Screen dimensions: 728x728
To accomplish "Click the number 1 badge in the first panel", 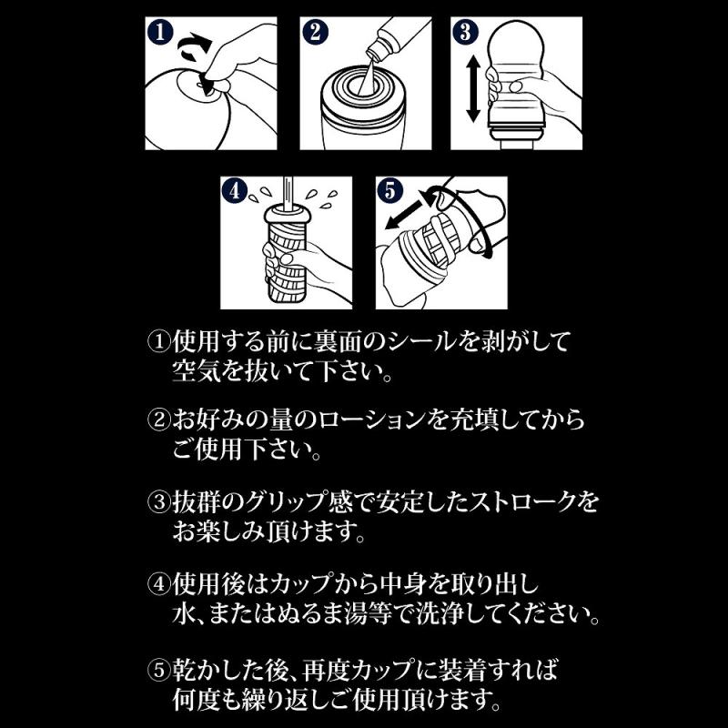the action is click(x=160, y=33).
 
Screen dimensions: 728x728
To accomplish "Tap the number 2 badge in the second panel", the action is click(x=315, y=33).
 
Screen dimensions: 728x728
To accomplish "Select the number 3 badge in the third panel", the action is click(x=466, y=32).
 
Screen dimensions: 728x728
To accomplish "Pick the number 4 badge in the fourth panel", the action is click(x=235, y=190).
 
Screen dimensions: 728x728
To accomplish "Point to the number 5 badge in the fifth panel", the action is click(x=390, y=190).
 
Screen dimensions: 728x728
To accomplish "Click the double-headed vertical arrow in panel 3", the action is click(x=473, y=88).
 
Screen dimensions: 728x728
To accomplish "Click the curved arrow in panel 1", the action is click(x=194, y=47).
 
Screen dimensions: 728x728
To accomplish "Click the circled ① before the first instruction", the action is click(x=158, y=341).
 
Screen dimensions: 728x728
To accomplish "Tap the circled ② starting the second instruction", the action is click(x=158, y=420).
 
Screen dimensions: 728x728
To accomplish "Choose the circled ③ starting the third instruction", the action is click(x=158, y=502).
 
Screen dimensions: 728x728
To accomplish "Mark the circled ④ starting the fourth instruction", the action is click(x=158, y=583).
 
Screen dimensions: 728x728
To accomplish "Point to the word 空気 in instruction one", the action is click(x=196, y=371).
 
